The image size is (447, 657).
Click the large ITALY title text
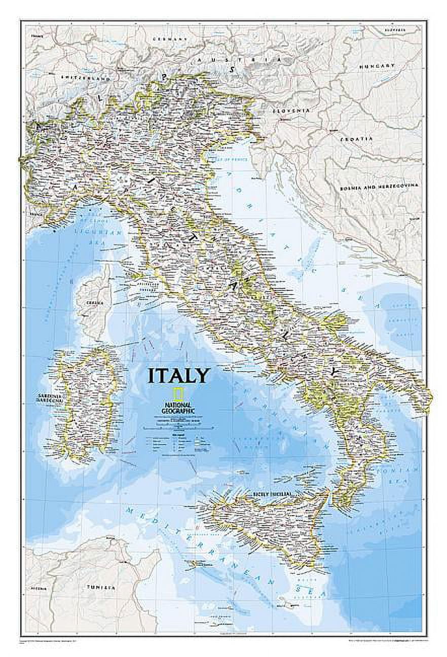pos(178,376)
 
